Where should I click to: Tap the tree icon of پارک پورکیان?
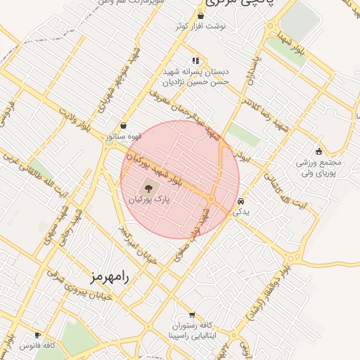point(148,188)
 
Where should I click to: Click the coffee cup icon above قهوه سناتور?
point(124,125)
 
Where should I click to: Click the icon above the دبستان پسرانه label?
point(195,60)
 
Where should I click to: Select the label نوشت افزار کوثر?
point(202,26)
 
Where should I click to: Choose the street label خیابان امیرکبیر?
point(147,244)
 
